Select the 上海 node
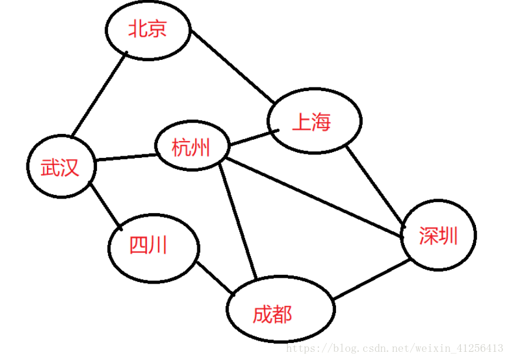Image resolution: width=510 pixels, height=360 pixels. tap(314, 121)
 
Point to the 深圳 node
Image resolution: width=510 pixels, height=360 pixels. tap(438, 235)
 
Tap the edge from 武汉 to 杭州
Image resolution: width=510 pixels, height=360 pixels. tap(125, 157)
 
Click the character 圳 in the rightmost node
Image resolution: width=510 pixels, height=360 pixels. tap(447, 235)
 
